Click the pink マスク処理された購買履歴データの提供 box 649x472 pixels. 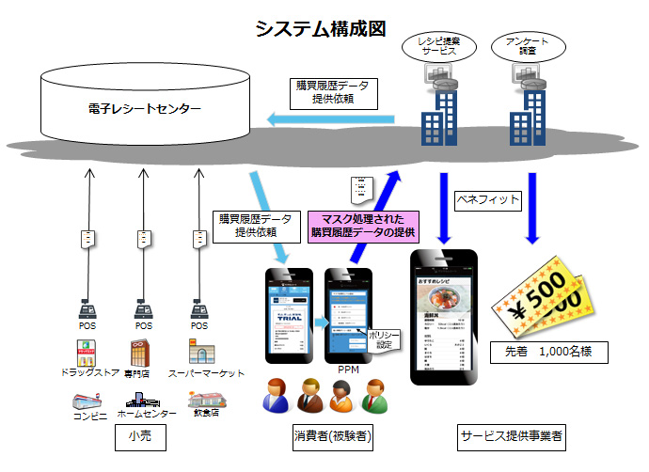pyautogui.click(x=363, y=226)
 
